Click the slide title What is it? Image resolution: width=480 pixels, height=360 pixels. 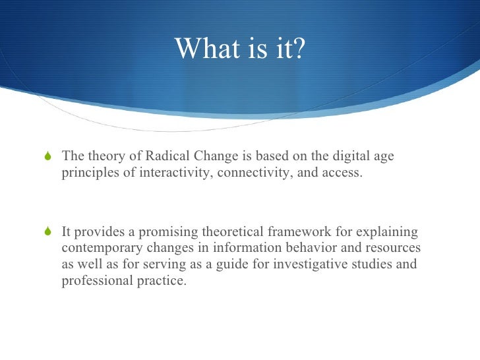[240, 48]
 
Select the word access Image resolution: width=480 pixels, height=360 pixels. [341, 174]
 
